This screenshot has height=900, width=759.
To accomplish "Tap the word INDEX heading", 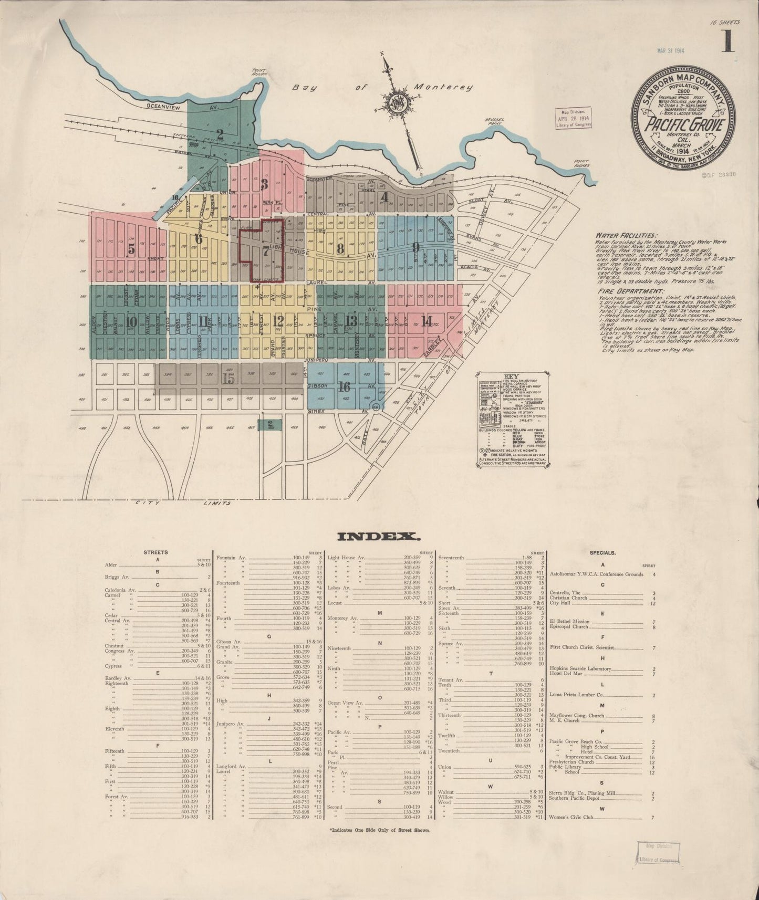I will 378,537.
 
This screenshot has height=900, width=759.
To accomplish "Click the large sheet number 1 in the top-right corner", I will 727,41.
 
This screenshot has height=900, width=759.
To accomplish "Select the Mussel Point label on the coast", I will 495,122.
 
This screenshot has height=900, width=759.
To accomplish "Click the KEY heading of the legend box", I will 511,376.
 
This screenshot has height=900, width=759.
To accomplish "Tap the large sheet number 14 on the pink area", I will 426,322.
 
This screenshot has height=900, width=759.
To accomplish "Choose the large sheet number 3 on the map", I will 264,184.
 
